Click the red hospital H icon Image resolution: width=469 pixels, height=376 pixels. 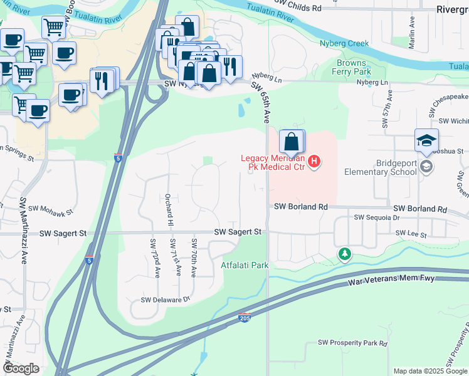tap(315, 162)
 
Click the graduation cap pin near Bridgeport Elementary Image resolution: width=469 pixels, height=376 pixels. tap(426, 141)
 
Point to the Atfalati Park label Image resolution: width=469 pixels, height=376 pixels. tap(245, 265)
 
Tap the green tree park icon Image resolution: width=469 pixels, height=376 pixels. tap(344, 254)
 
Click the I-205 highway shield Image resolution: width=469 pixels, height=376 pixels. tap(245, 318)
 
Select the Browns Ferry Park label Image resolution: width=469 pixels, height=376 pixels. tap(354, 67)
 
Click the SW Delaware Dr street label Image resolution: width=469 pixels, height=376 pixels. tap(165, 300)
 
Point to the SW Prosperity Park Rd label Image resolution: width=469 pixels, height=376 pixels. tap(352, 343)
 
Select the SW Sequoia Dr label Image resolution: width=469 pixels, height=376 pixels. tap(376, 217)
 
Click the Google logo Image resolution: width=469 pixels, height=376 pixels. tap(21, 368)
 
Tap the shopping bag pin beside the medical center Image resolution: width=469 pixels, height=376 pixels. tap(292, 142)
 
